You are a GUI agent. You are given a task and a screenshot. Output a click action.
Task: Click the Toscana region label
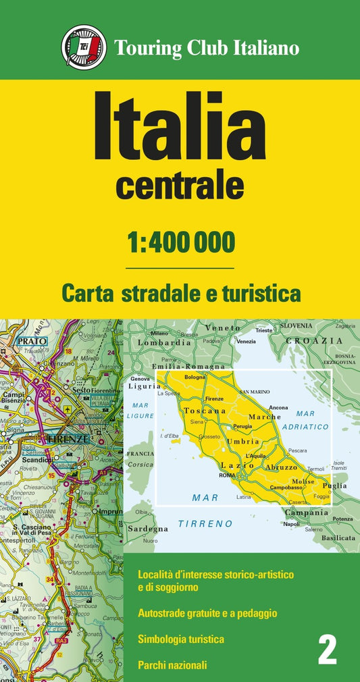(203, 411)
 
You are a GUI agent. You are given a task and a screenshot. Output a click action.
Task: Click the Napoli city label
(292, 524)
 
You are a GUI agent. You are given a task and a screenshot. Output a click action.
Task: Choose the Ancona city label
(278, 408)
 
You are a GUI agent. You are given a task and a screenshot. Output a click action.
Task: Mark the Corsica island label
(141, 464)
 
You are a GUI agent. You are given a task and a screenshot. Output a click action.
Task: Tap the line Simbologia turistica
(181, 638)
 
